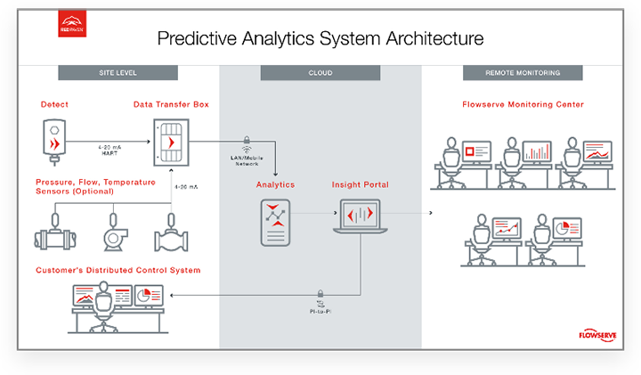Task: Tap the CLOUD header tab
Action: [x=320, y=72]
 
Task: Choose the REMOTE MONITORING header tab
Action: [x=523, y=72]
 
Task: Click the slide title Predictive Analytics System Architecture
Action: [x=320, y=38]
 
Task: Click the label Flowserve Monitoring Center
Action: [x=523, y=104]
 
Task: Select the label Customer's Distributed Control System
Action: [x=118, y=270]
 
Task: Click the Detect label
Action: [x=54, y=104]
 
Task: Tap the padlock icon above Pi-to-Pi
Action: [x=320, y=292]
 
